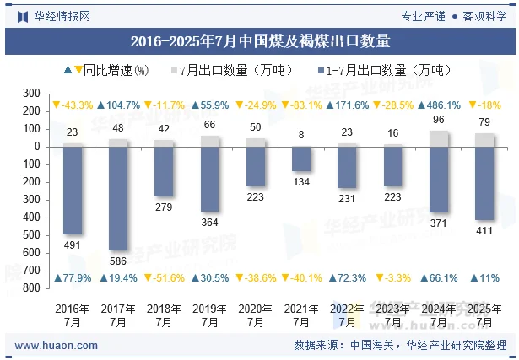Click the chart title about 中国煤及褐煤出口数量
(260, 40)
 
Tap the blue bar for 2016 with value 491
(73, 190)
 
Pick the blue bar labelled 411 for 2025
(484, 182)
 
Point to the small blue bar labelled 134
(301, 159)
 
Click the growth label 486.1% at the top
(438, 105)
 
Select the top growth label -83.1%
(300, 105)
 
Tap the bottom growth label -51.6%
(164, 277)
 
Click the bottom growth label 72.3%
(346, 277)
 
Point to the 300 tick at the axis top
(32, 94)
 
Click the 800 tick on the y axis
(32, 288)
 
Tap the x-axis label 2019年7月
(209, 315)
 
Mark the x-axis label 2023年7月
(392, 315)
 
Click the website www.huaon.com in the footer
(51, 345)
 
